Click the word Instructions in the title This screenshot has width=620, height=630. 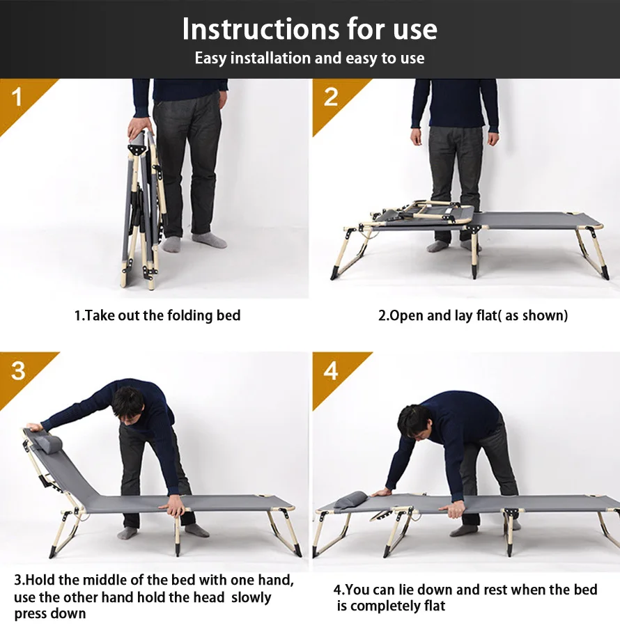(261, 29)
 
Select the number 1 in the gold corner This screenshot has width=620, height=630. (17, 97)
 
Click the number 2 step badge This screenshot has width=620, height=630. (331, 97)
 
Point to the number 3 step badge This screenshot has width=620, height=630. (19, 370)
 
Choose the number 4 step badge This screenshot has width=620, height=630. (331, 370)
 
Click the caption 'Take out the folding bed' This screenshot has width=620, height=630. (163, 315)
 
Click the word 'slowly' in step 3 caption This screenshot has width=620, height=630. (251, 597)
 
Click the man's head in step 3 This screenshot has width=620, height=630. (128, 404)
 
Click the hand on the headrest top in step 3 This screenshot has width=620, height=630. (33, 427)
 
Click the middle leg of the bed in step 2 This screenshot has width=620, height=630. (474, 253)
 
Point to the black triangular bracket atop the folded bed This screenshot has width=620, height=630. (137, 149)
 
